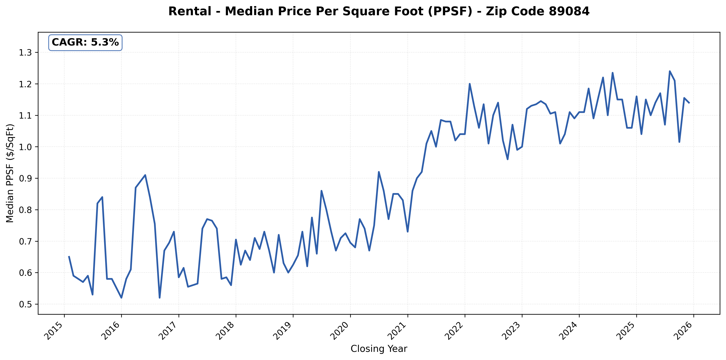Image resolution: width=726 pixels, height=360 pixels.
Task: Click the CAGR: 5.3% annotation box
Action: (x=85, y=43)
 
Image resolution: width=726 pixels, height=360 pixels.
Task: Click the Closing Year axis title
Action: (x=379, y=349)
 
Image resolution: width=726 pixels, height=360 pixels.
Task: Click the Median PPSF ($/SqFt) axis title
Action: (x=10, y=173)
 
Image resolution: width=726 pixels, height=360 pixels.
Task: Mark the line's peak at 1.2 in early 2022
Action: (x=470, y=84)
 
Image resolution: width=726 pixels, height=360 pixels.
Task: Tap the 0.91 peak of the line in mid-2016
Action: (x=145, y=175)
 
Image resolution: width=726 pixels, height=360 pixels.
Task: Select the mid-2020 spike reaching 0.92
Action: (x=379, y=172)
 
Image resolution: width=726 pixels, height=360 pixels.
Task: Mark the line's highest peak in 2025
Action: (x=670, y=71)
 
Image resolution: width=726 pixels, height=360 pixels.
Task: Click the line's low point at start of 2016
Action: (x=121, y=298)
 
